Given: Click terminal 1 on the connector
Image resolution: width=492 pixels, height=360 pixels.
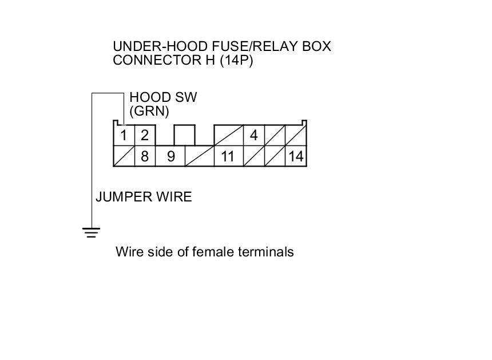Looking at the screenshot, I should (123, 136).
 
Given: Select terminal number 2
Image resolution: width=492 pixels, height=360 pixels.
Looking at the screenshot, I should (145, 136).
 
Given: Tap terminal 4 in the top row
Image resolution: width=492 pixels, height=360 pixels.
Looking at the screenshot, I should (254, 136).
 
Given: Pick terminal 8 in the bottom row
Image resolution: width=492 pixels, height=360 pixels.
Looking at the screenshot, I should (145, 156).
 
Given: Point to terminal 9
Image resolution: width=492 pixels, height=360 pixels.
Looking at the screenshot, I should (170, 156).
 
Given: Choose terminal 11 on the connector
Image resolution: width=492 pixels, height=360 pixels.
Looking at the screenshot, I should (228, 156).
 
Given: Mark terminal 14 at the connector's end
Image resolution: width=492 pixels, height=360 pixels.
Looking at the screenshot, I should (296, 156).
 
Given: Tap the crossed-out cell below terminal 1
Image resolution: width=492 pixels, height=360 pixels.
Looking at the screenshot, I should (124, 156).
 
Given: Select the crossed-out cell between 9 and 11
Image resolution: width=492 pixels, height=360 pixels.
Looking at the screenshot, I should (199, 156).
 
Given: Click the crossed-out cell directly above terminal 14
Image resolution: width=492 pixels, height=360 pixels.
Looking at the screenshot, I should (296, 136).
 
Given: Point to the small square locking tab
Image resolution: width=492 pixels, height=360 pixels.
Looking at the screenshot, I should (184, 136).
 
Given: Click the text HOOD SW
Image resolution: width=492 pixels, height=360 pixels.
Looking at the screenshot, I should (163, 97).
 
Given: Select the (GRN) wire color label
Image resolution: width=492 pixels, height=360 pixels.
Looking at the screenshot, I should (149, 111).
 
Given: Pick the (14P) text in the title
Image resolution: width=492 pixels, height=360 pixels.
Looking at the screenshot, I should (236, 60).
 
